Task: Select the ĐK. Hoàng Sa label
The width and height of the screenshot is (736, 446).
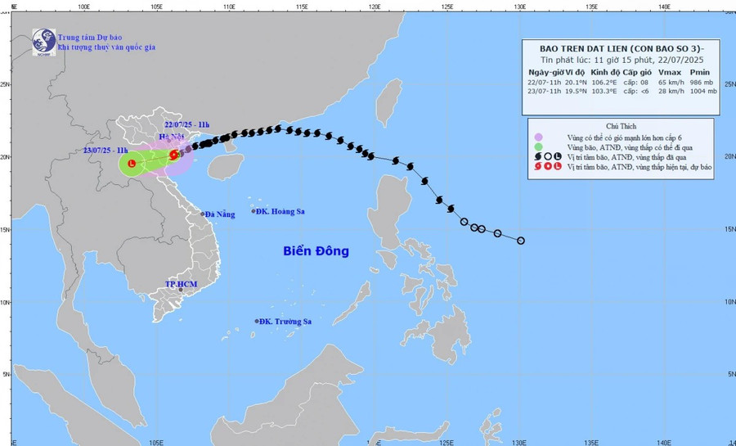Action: click(280, 211)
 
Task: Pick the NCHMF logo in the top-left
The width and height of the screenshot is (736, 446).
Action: click(43, 42)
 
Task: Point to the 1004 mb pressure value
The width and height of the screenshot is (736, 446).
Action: click(702, 92)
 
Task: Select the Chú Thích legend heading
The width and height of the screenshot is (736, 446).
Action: click(624, 127)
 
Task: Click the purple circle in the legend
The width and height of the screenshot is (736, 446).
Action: click(538, 137)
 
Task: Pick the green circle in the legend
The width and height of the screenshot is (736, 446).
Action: click(538, 147)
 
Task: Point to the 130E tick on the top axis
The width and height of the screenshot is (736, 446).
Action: click(519, 6)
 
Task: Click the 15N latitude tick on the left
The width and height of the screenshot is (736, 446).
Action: click(5, 229)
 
